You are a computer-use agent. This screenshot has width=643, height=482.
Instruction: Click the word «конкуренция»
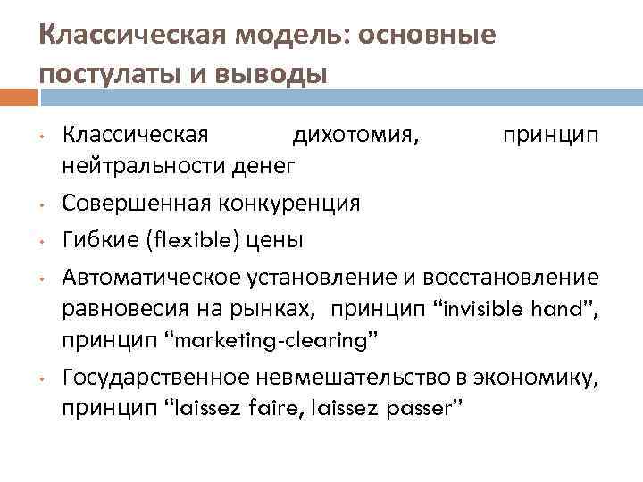[x=288, y=203]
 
